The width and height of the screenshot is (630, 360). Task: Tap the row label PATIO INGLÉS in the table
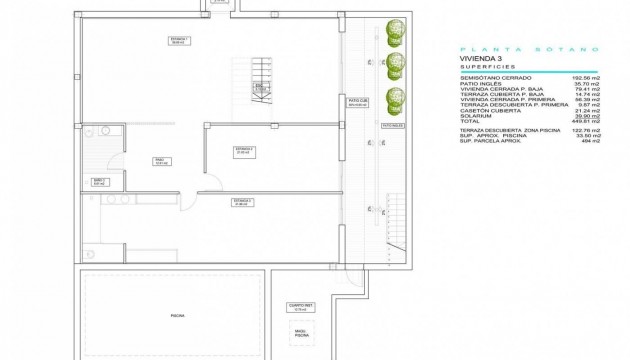click(477, 82)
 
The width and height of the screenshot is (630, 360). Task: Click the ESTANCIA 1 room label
click(179, 40)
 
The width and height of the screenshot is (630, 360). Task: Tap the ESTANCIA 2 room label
click(244, 150)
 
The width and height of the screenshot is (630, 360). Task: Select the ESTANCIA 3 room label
click(243, 201)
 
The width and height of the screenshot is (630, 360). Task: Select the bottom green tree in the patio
click(399, 98)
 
